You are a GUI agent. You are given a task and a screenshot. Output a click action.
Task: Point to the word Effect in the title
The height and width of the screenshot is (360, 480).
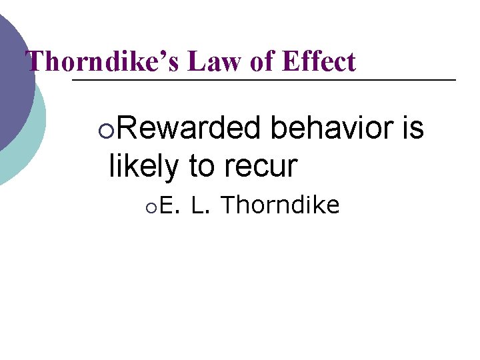[x=319, y=62]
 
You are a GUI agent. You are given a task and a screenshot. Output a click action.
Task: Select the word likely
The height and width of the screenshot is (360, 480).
[x=143, y=165]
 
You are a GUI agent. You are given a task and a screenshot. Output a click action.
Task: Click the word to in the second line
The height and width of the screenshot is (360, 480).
[x=201, y=165]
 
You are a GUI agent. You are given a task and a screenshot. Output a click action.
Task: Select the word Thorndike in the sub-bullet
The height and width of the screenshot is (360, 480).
[x=280, y=205]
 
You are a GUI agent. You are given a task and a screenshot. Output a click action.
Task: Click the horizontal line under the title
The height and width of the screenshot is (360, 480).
[x=267, y=80]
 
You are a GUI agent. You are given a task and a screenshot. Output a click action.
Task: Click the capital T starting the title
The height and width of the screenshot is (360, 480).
[x=33, y=62]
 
